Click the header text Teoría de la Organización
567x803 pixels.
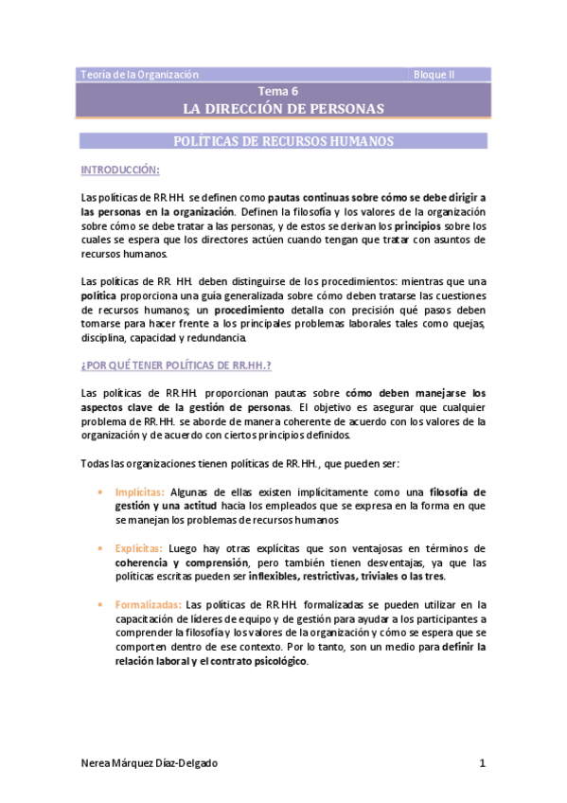(x=139, y=74)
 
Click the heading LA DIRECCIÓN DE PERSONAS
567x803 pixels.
(x=283, y=109)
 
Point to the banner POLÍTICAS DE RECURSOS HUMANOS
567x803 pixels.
(x=283, y=141)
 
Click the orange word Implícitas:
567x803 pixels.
(x=139, y=492)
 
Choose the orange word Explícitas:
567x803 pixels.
(x=138, y=548)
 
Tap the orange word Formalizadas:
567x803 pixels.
(x=149, y=604)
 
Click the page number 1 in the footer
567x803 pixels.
(x=483, y=763)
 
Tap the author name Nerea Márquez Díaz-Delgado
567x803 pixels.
(x=155, y=763)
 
